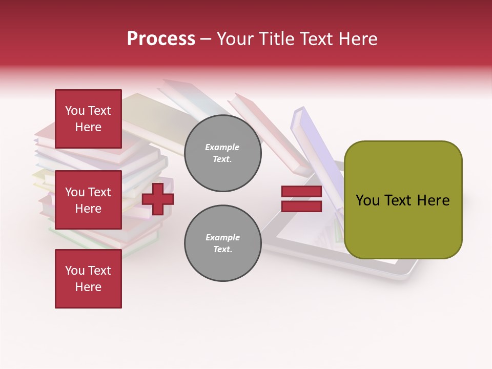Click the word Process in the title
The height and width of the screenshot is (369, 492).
[161, 39]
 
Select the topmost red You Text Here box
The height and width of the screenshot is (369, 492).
[88, 119]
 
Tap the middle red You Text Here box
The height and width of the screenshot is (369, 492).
[88, 200]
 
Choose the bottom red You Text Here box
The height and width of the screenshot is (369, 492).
[88, 279]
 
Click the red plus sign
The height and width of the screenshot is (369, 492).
[158, 199]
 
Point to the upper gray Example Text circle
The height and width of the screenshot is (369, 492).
[222, 153]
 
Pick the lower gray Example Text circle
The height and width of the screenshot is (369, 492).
[222, 243]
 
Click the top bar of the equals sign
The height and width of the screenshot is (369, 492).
[301, 192]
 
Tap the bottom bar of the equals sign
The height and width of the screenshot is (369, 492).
[301, 207]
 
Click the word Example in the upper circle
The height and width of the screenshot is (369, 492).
[222, 147]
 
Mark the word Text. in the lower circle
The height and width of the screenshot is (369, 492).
[222, 250]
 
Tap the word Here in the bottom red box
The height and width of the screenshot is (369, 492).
[88, 287]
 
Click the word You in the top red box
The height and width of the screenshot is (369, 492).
[75, 111]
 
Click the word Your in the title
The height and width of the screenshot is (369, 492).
[237, 39]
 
